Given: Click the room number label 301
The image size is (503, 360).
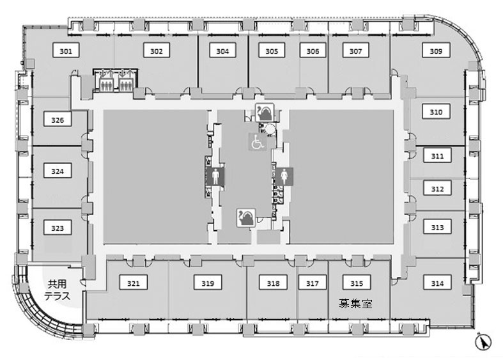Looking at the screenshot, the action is click(x=66, y=51).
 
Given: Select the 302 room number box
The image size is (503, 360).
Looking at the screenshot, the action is click(x=156, y=51).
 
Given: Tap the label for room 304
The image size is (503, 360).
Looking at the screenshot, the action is click(x=222, y=51).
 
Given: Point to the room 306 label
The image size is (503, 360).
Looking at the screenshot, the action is click(x=313, y=51).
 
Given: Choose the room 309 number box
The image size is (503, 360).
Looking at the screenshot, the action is click(x=436, y=51).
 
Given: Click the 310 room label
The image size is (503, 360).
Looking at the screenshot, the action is click(x=436, y=112).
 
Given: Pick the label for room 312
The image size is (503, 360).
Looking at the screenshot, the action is click(x=437, y=189).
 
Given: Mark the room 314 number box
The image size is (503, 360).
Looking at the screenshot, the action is click(x=437, y=283).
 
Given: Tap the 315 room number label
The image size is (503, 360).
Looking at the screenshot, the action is click(x=357, y=283).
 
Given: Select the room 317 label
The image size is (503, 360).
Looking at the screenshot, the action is click(x=312, y=283).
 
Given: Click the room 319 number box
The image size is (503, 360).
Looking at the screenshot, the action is click(x=208, y=283).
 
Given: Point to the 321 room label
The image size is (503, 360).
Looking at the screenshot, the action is click(x=133, y=283).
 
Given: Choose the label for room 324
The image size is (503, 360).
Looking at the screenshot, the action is click(x=58, y=171).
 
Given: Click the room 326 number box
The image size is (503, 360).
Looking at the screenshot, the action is click(x=58, y=120).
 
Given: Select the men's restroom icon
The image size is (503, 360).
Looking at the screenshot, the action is click(x=215, y=176).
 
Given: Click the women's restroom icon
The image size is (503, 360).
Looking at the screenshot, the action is click(x=284, y=176).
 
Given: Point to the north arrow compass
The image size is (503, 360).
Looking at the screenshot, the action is click(x=483, y=341).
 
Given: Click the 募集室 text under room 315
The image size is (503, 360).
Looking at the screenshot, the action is click(x=356, y=303).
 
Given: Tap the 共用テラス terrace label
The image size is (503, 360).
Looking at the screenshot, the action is click(x=57, y=290).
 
